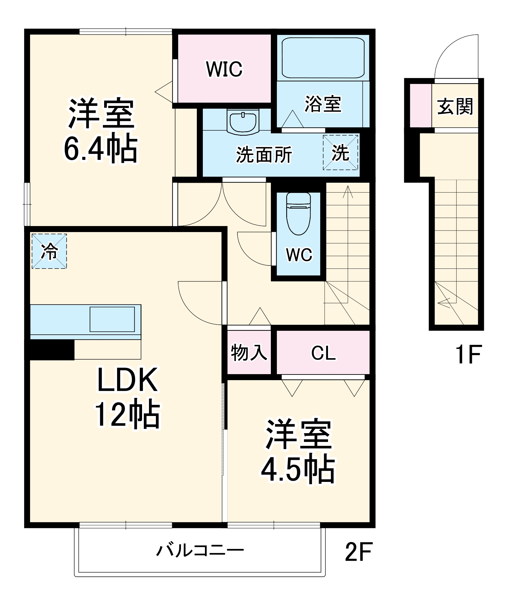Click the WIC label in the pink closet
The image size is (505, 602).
tap(224, 69)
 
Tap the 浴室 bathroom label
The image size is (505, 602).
tap(323, 104)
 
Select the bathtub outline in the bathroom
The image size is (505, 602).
tap(323, 58)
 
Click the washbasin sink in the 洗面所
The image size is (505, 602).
tap(243, 122)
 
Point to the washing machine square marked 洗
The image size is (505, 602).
tap(341, 152)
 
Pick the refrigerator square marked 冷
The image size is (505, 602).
tap(49, 251)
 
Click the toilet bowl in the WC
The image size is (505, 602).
tap(298, 214)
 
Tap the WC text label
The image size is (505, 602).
tap(299, 255)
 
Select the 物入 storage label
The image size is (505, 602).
tap(249, 352)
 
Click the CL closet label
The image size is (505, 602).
tap(323, 353)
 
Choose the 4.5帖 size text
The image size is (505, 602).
tap(298, 470)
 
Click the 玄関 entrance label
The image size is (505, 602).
tap(455, 106)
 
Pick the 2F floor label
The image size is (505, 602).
tap(359, 551)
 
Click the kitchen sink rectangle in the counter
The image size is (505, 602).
tap(112, 319)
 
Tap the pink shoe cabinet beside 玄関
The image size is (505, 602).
tap(421, 106)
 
